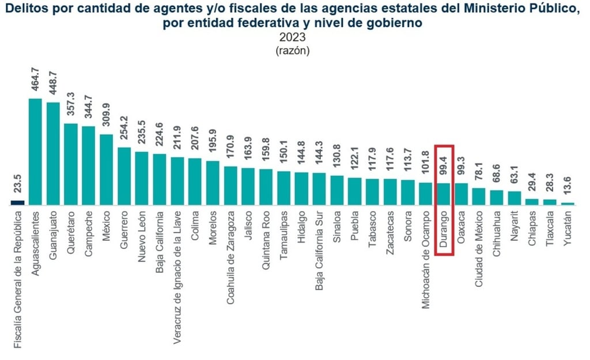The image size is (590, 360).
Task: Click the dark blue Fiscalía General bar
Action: [17, 202]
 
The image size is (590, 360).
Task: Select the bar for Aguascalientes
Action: [35, 151]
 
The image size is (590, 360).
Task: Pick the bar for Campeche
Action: [89, 165]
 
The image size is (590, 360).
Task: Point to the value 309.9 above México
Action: [107, 118]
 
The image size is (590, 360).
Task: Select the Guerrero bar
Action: [124, 176]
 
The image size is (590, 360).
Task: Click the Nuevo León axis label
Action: [142, 235]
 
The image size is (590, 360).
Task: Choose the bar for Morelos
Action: [213, 183]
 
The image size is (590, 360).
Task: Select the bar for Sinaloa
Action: [337, 190]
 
